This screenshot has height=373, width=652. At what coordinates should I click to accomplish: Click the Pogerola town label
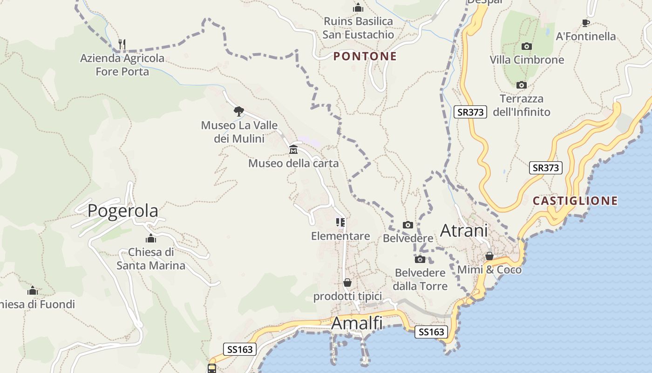point(123,211)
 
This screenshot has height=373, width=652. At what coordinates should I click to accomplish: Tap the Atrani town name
point(464,230)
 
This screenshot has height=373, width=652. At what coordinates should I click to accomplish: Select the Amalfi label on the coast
point(357,323)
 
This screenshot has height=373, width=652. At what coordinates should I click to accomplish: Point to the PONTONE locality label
point(365,56)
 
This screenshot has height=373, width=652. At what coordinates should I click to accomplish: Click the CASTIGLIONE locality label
point(575,201)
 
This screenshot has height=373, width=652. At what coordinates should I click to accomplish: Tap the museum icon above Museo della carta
point(293,150)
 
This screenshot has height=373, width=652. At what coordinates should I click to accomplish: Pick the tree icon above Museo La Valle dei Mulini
point(239,111)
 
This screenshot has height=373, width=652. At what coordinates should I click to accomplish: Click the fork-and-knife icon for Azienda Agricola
point(122,44)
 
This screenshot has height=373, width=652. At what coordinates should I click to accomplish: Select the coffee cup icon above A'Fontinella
point(586,23)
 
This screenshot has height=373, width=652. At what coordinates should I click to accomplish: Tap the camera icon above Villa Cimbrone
point(527,46)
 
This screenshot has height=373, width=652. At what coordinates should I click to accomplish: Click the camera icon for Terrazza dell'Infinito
point(522,85)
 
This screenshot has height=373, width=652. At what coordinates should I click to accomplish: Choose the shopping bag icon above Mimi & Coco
point(489,256)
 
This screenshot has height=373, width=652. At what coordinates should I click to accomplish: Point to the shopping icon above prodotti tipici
point(347,283)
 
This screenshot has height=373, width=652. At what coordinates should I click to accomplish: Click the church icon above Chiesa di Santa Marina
point(150,239)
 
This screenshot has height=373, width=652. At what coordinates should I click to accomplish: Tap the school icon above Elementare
point(341,222)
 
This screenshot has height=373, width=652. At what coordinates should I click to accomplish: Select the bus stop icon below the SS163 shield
point(212,368)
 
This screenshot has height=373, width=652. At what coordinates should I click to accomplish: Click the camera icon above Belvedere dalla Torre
point(420,259)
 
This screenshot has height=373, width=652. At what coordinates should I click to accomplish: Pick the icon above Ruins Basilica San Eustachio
point(358,7)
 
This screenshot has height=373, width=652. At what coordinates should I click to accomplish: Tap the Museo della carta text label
point(293,163)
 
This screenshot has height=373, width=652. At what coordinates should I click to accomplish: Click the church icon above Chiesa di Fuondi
point(32,291)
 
